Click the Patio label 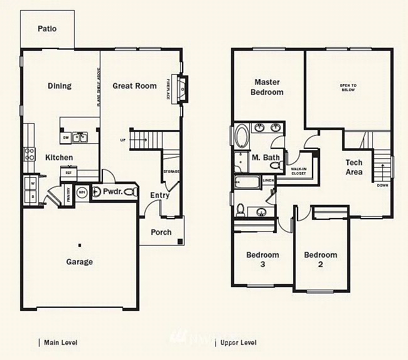point(47,28)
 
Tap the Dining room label point(60,86)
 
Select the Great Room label point(134,86)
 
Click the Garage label point(80,262)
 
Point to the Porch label point(161,232)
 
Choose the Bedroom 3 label point(262,259)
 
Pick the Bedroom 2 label point(321,259)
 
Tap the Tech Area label point(354,167)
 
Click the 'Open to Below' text point(348,87)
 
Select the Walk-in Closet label point(299,171)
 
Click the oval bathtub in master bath point(242,136)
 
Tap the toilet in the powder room point(130,192)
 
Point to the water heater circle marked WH point(82,193)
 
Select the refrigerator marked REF point(68,172)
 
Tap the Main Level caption point(60,342)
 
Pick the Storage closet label point(171,171)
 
